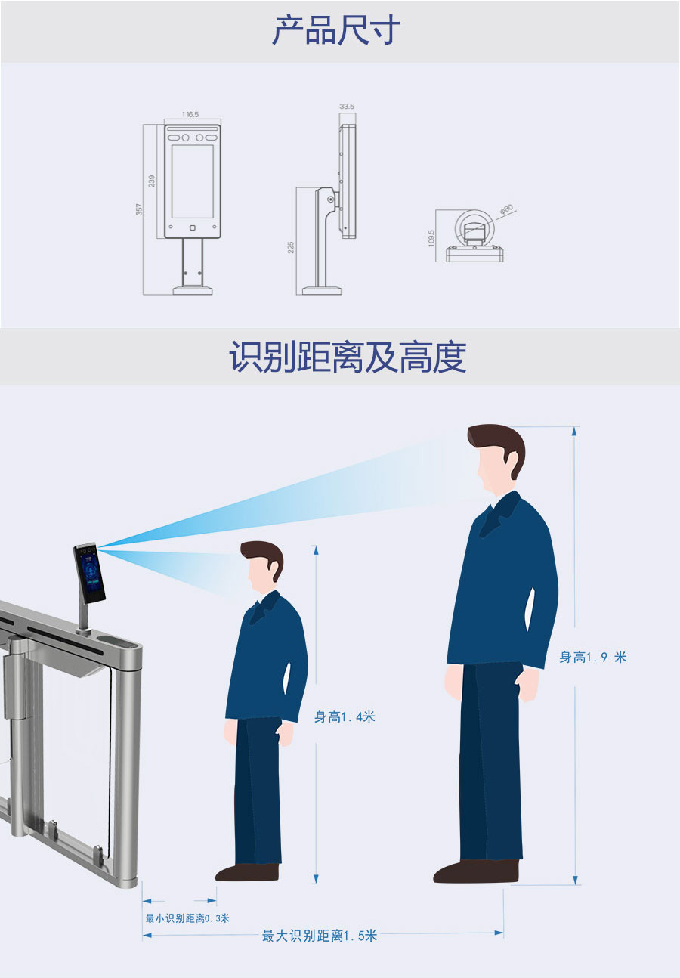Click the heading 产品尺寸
[335, 29]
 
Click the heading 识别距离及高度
[348, 357]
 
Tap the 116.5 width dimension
[190, 114]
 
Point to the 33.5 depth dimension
[347, 106]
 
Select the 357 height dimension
[139, 209]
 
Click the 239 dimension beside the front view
[151, 181]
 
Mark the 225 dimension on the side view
[291, 247]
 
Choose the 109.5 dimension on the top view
[431, 238]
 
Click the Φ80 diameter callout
[506, 209]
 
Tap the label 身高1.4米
[345, 717]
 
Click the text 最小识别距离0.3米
[187, 918]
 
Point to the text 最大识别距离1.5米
[319, 936]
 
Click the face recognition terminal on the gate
[89, 573]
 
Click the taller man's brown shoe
[476, 871]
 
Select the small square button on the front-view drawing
[193, 227]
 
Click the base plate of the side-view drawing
[322, 290]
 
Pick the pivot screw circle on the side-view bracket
[331, 200]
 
